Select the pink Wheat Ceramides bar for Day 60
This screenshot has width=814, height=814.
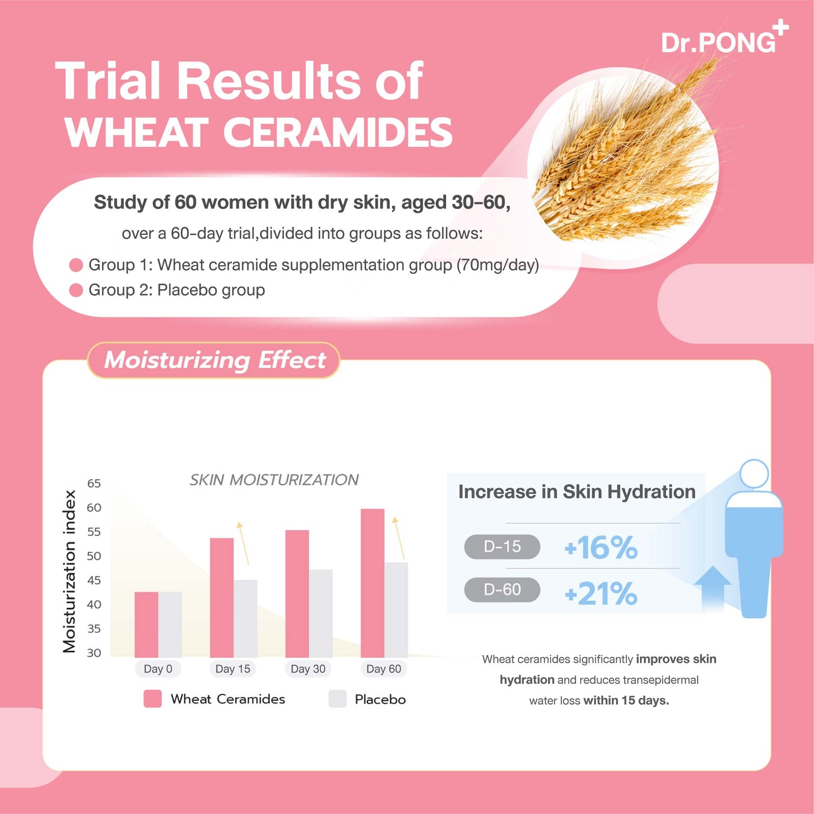point(372,583)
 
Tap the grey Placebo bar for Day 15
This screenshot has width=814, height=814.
point(246,619)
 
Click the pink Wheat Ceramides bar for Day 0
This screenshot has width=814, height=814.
point(146,625)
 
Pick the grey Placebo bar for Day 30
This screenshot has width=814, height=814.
point(321,613)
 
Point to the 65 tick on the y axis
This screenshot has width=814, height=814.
point(94,483)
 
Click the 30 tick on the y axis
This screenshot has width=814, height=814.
point(94,653)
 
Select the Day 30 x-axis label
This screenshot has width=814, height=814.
point(308,669)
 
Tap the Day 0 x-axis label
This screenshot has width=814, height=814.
point(158,669)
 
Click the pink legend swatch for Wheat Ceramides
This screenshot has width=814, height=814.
point(153,699)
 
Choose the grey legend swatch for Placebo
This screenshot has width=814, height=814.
point(337,699)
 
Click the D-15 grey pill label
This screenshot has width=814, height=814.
point(502,546)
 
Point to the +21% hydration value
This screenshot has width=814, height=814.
point(601,594)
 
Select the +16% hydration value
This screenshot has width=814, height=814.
point(601,548)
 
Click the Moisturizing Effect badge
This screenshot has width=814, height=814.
point(214,360)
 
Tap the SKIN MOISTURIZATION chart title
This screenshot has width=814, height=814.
point(274,480)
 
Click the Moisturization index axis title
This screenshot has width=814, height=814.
point(69,571)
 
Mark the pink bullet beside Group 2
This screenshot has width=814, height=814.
point(76,290)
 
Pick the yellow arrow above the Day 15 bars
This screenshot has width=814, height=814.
point(243,542)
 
